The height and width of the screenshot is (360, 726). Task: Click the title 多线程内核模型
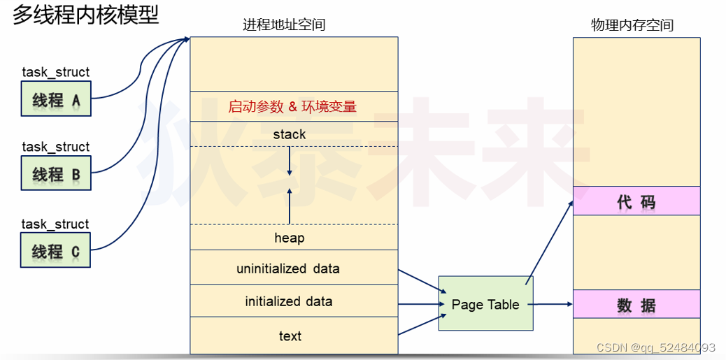pos(85,15)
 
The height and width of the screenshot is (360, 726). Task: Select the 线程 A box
pos(56,100)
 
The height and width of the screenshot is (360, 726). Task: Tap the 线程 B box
pos(56,174)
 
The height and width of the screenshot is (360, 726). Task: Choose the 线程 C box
pos(56,251)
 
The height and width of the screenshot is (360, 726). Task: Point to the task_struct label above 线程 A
pos(56,72)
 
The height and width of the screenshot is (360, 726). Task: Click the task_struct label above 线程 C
pos(56,224)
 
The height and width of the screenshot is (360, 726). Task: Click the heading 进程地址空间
pos(284,25)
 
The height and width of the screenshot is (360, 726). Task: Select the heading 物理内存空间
pos(632,25)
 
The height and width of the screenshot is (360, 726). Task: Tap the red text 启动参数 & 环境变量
pos(292,107)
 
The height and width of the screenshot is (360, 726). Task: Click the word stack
pos(290,134)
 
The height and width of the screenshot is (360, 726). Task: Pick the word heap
pos(290,238)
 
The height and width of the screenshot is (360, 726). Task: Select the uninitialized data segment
pos(288,268)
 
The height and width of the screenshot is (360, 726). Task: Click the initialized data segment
pos(288,301)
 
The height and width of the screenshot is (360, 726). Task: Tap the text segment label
pos(290,336)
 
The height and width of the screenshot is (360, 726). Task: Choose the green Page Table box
pos(485,304)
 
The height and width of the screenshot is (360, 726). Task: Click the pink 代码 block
pos(636,202)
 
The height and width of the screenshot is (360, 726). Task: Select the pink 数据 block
pos(636,305)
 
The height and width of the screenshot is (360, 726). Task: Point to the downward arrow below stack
pos(289,164)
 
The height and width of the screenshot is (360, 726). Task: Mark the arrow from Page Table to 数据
pos(553,304)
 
